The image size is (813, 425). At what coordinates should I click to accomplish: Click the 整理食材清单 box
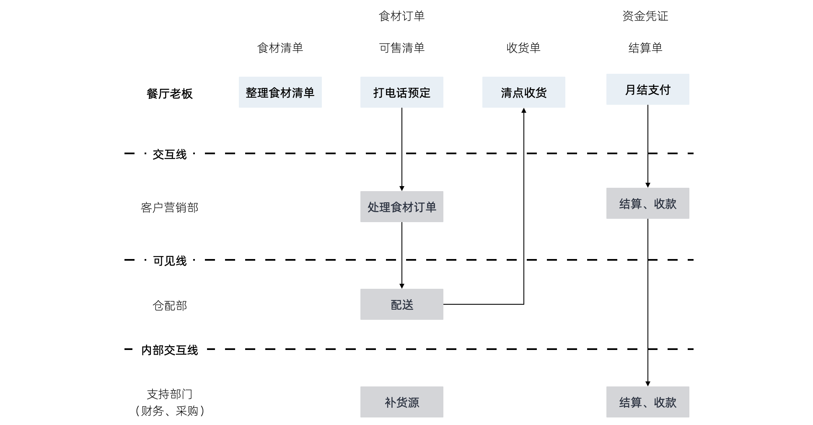pos(280,92)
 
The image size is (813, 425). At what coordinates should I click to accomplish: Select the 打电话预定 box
pos(401,92)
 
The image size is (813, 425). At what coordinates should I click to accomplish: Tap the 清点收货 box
pos(523,92)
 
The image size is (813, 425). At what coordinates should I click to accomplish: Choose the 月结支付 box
pos(647,89)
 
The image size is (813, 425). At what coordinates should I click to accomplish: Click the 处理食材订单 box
pos(401,207)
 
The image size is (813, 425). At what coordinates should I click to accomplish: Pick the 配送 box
pos(401,304)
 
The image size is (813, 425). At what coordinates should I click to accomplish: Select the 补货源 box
pos(401,402)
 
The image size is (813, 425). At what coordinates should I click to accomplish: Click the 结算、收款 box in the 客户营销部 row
pos(647,203)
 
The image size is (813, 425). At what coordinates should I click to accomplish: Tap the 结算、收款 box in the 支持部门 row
pos(647,402)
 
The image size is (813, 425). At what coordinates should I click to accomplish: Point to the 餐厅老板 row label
pos(169,93)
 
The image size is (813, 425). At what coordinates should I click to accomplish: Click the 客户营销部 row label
pos(169,207)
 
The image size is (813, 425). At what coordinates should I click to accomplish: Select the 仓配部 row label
pos(169,306)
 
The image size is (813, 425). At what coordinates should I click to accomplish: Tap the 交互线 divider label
pos(169,154)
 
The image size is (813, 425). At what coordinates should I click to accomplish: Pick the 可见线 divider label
pos(169,261)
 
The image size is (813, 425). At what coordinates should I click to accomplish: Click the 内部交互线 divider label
pos(169,350)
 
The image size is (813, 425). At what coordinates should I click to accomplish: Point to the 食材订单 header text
pos(401,16)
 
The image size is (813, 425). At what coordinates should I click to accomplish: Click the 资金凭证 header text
pos(645,16)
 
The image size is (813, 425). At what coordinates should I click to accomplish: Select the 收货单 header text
pos(523,48)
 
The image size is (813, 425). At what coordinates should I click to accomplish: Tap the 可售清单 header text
pos(401,48)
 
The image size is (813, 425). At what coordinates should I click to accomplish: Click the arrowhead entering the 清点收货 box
pos(523,111)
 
